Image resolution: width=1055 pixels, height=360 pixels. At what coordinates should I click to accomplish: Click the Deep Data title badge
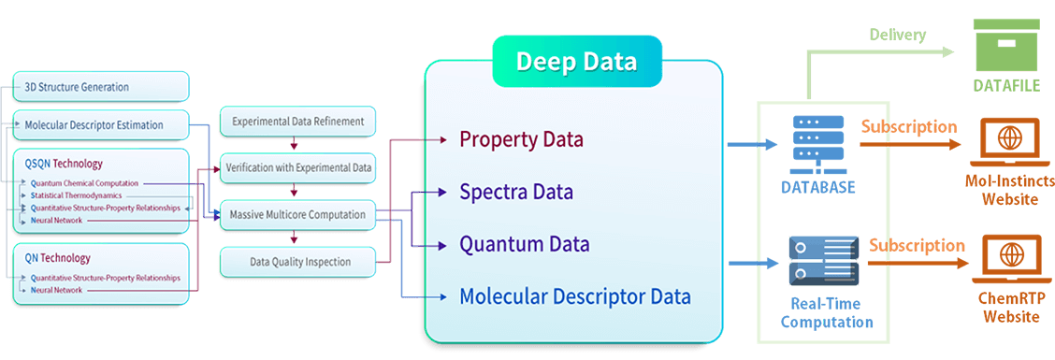pyautogui.click(x=575, y=63)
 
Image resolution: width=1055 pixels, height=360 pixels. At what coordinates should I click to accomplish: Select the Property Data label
pyautogui.click(x=521, y=140)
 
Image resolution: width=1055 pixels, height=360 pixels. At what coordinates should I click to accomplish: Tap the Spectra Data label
pyautogui.click(x=515, y=193)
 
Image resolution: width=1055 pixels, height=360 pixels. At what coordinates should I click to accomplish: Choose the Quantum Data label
pyautogui.click(x=524, y=245)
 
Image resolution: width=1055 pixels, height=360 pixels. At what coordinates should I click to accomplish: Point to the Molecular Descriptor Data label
pyautogui.click(x=574, y=297)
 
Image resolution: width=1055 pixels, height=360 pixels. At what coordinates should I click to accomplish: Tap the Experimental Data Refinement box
pyautogui.click(x=297, y=121)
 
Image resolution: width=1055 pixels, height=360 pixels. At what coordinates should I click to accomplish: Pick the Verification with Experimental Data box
pyautogui.click(x=297, y=168)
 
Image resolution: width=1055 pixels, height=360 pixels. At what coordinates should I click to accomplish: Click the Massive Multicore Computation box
pyautogui.click(x=297, y=215)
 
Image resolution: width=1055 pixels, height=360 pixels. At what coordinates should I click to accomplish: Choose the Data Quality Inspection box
pyautogui.click(x=297, y=262)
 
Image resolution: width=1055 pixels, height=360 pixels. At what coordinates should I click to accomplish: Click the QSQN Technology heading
pyautogui.click(x=64, y=164)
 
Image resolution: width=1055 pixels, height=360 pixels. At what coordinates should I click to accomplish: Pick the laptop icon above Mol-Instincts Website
pyautogui.click(x=1008, y=141)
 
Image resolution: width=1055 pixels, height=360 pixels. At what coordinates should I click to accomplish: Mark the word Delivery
pyautogui.click(x=897, y=36)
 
